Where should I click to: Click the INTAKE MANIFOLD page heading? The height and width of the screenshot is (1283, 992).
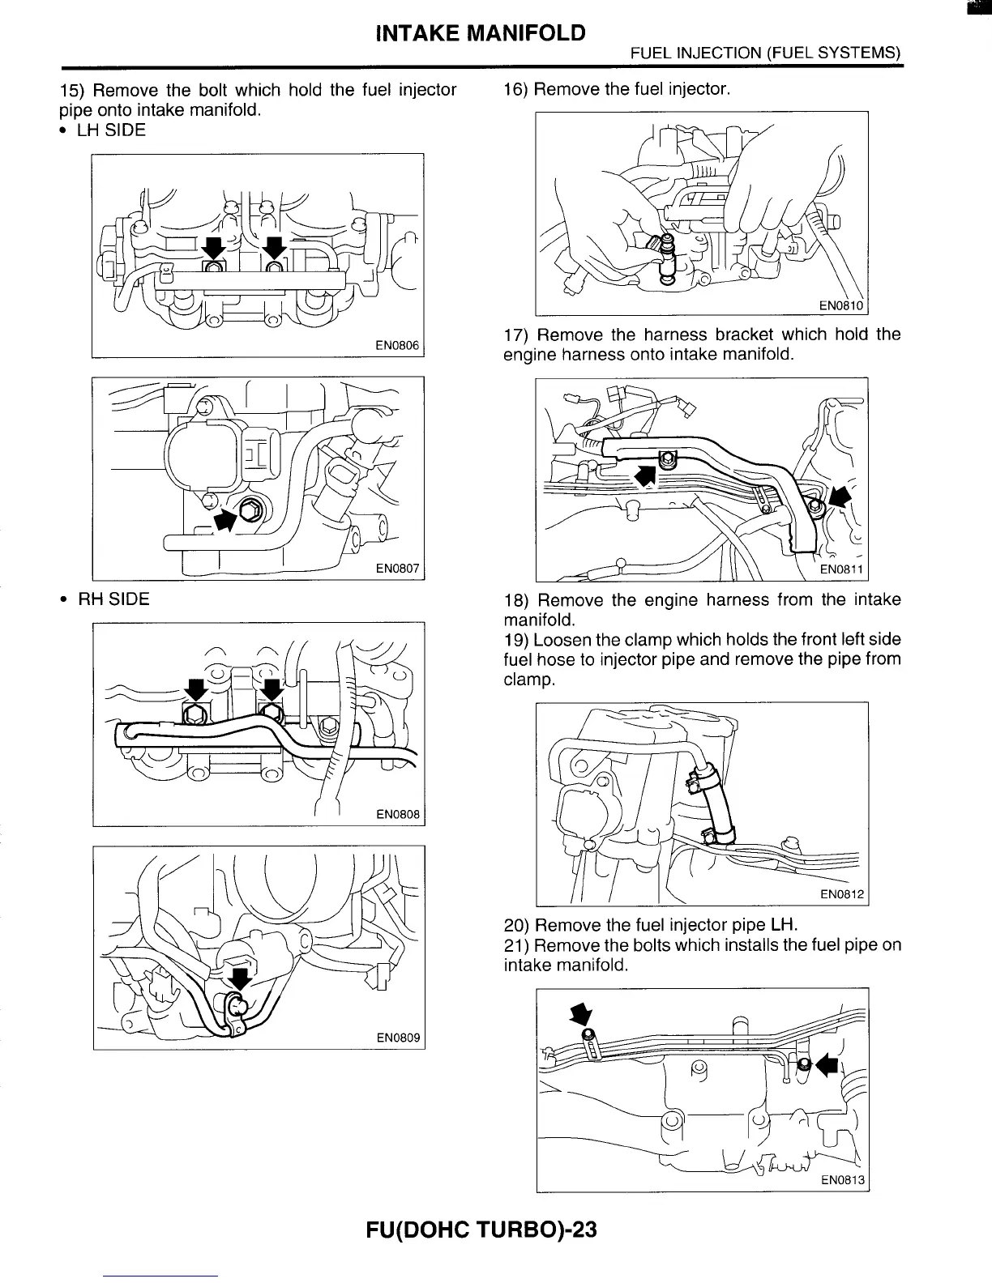point(481,33)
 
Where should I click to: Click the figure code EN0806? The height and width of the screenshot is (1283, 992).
point(397,346)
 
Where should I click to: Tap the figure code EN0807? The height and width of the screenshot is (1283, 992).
point(397,569)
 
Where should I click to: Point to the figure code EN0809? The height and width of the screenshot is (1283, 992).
point(398,1038)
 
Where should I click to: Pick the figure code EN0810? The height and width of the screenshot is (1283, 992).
point(843,305)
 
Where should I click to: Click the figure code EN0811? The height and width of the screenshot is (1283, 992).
point(843,569)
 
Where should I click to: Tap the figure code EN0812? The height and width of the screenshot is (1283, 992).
point(843,894)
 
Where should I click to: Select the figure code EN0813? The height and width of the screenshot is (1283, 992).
point(843,1181)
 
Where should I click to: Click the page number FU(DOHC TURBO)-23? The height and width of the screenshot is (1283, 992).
point(481,1230)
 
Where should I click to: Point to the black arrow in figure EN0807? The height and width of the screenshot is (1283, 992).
point(226,520)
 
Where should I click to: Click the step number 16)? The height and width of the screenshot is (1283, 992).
point(516,89)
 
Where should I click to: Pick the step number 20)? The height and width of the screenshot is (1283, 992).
point(516,925)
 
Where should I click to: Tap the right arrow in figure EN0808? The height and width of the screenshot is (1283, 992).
point(272,688)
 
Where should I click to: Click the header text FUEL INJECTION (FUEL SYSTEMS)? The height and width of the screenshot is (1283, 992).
point(765,53)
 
